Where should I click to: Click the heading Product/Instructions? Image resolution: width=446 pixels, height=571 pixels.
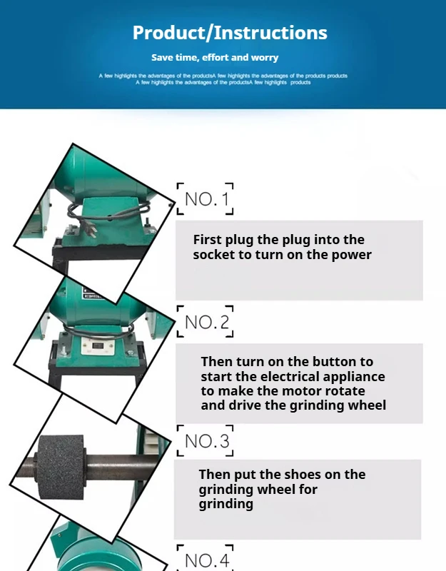tap(230, 33)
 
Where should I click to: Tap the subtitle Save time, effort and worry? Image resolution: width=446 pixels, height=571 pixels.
tap(215, 57)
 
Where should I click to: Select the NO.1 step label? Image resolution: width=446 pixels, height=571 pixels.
tap(206, 199)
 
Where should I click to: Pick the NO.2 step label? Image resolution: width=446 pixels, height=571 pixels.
tap(206, 323)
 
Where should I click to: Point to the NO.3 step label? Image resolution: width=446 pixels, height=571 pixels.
tap(206, 442)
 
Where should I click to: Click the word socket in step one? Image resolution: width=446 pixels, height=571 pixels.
tap(213, 255)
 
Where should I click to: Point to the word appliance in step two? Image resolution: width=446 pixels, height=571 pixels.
tap(348, 377)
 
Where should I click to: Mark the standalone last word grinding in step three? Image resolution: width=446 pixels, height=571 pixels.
tap(225, 504)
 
